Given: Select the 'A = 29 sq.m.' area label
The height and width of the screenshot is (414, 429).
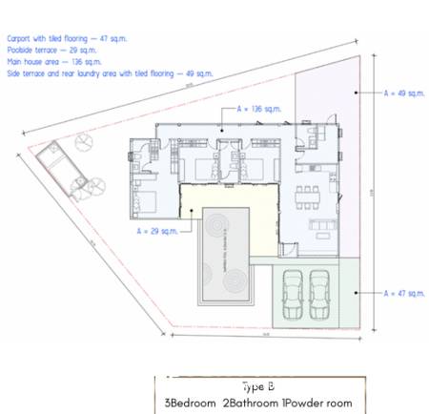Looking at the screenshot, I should pyautogui.click(x=157, y=230).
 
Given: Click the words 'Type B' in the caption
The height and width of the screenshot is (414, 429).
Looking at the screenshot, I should pyautogui.click(x=257, y=386).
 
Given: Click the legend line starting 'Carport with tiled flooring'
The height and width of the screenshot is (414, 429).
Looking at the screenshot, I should pyautogui.click(x=67, y=39).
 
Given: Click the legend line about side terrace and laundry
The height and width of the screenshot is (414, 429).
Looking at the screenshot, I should pyautogui.click(x=109, y=72).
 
